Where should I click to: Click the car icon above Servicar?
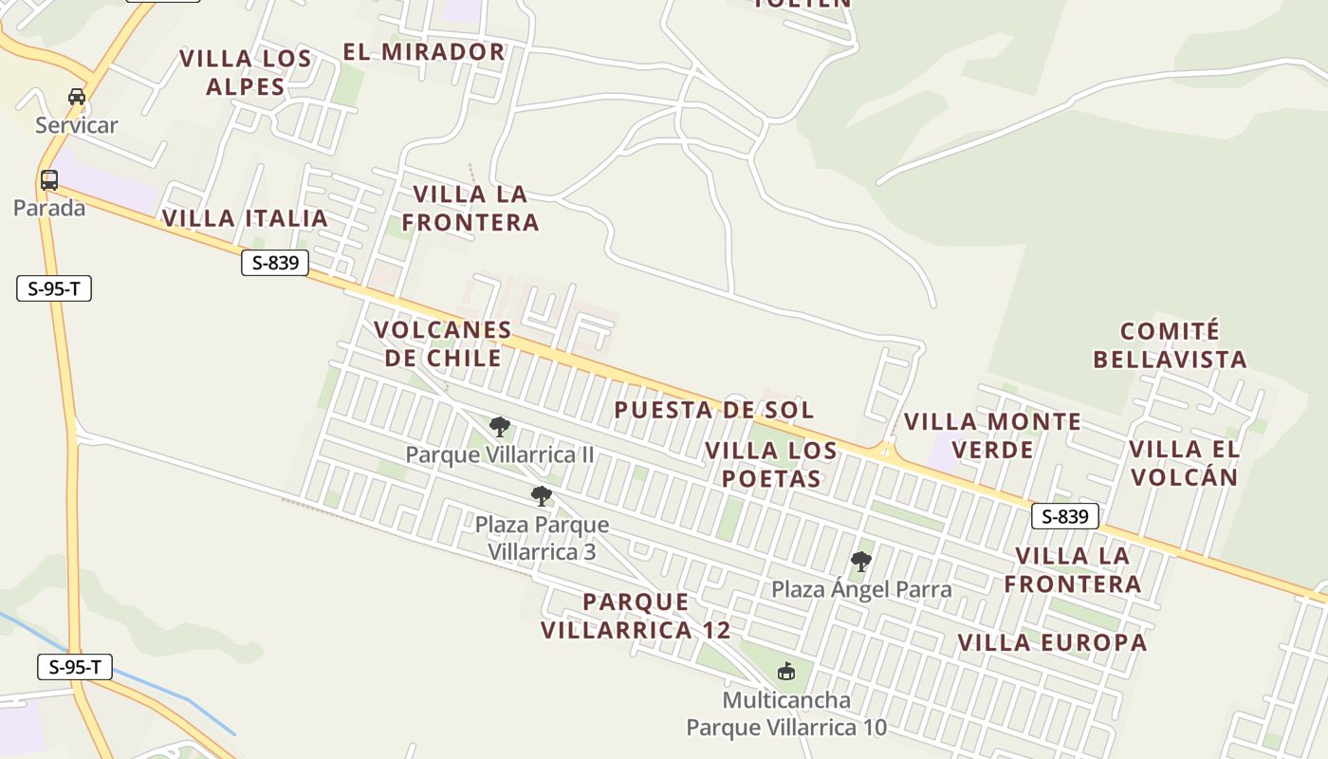(77, 96)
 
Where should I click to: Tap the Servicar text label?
(77, 124)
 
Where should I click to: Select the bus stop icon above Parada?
(49, 179)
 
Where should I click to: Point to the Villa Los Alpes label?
(246, 72)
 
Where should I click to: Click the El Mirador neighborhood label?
(424, 51)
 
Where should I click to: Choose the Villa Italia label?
(245, 218)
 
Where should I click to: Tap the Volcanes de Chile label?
(442, 343)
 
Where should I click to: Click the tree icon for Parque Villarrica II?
(500, 427)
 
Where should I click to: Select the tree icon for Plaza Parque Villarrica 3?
(542, 495)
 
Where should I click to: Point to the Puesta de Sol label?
(713, 410)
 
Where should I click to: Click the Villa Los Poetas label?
(771, 464)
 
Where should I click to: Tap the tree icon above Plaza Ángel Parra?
(861, 562)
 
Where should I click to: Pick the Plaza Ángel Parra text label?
(861, 589)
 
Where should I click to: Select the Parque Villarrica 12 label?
(636, 616)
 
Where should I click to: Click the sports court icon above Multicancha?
(786, 672)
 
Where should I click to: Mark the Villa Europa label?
(1052, 642)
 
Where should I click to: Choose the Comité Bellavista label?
(1170, 345)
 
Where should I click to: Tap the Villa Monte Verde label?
(992, 435)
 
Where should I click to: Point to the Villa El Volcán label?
(1184, 462)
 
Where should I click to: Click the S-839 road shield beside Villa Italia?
(275, 263)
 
